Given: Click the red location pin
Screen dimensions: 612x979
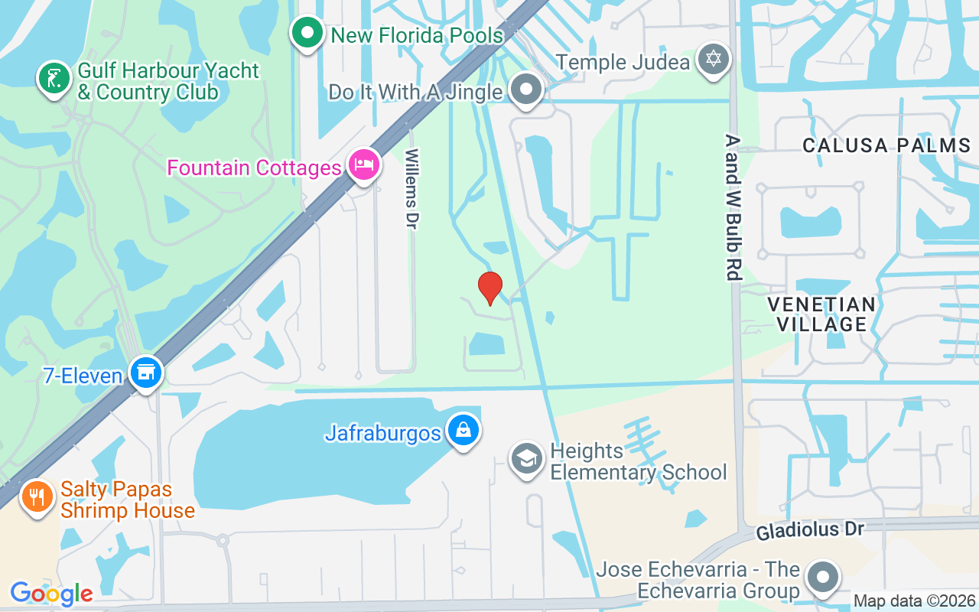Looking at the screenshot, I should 489,288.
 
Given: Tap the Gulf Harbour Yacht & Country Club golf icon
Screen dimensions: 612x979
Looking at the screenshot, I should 53,78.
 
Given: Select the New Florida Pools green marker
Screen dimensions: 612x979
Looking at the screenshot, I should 307,33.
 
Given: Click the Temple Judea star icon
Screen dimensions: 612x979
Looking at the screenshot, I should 714,59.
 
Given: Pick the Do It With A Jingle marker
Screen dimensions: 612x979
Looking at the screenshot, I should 526,90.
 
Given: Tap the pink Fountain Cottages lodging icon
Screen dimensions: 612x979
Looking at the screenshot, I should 364,164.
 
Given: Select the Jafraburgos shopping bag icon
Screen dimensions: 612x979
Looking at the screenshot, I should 463,430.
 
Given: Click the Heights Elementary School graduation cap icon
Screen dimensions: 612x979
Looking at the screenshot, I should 526,459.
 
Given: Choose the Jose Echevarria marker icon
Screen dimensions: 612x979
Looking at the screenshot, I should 823,578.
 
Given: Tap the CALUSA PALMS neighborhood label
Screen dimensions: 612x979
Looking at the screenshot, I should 886,145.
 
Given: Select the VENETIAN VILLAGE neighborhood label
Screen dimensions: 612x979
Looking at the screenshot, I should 821,314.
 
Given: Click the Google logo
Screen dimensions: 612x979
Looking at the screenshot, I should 51,593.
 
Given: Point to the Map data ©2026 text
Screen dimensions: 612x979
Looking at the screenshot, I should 915,601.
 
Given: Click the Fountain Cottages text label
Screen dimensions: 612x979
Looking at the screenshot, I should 254,168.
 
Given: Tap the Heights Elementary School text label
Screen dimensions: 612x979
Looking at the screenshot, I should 638,461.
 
